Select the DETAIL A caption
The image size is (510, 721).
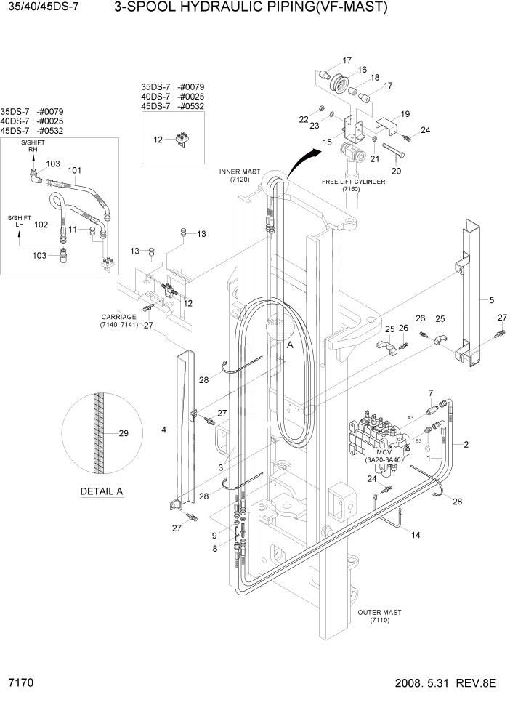pos(102,491)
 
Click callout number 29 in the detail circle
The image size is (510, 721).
pos(123,434)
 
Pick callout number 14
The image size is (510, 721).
pos(416,535)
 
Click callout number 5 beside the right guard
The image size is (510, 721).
pos(492,299)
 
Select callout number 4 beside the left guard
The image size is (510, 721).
pos(164,430)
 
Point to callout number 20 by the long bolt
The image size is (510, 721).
pos(397,172)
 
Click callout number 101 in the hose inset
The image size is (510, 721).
pos(73,171)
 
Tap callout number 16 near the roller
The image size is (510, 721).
pos(362,69)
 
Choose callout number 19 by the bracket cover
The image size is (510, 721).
pos(405,113)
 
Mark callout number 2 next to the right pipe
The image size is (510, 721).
pos(465,444)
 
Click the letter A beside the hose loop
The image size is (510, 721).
pos(290,347)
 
